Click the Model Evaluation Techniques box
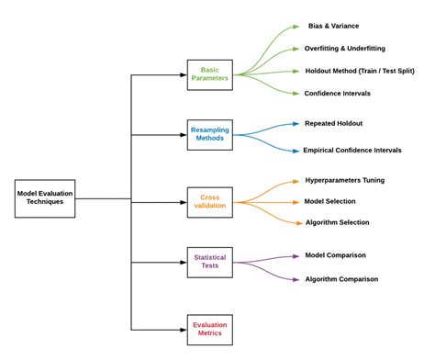[45, 198]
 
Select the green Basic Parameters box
[210, 74]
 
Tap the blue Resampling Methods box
[210, 136]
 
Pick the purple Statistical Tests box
[210, 262]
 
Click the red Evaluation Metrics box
[210, 329]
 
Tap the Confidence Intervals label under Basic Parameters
[348, 93]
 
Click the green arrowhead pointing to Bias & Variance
[295, 28]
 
